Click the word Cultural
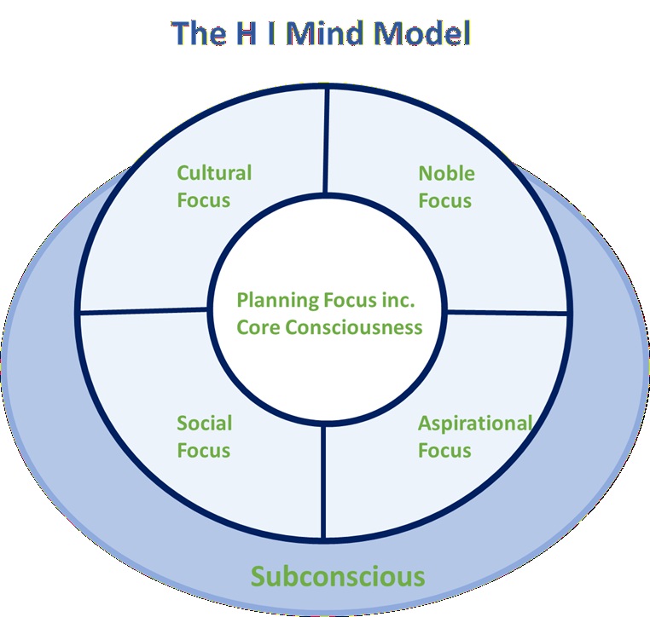pos(214,173)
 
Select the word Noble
pos(446,173)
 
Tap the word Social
pos(204,423)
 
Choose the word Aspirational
pos(474,423)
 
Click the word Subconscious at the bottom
pos(337,576)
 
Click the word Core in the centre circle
pos(258,327)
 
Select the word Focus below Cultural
pos(203,200)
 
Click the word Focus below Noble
pos(444,200)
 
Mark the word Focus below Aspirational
pos(444,449)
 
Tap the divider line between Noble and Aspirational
pos(507,312)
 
